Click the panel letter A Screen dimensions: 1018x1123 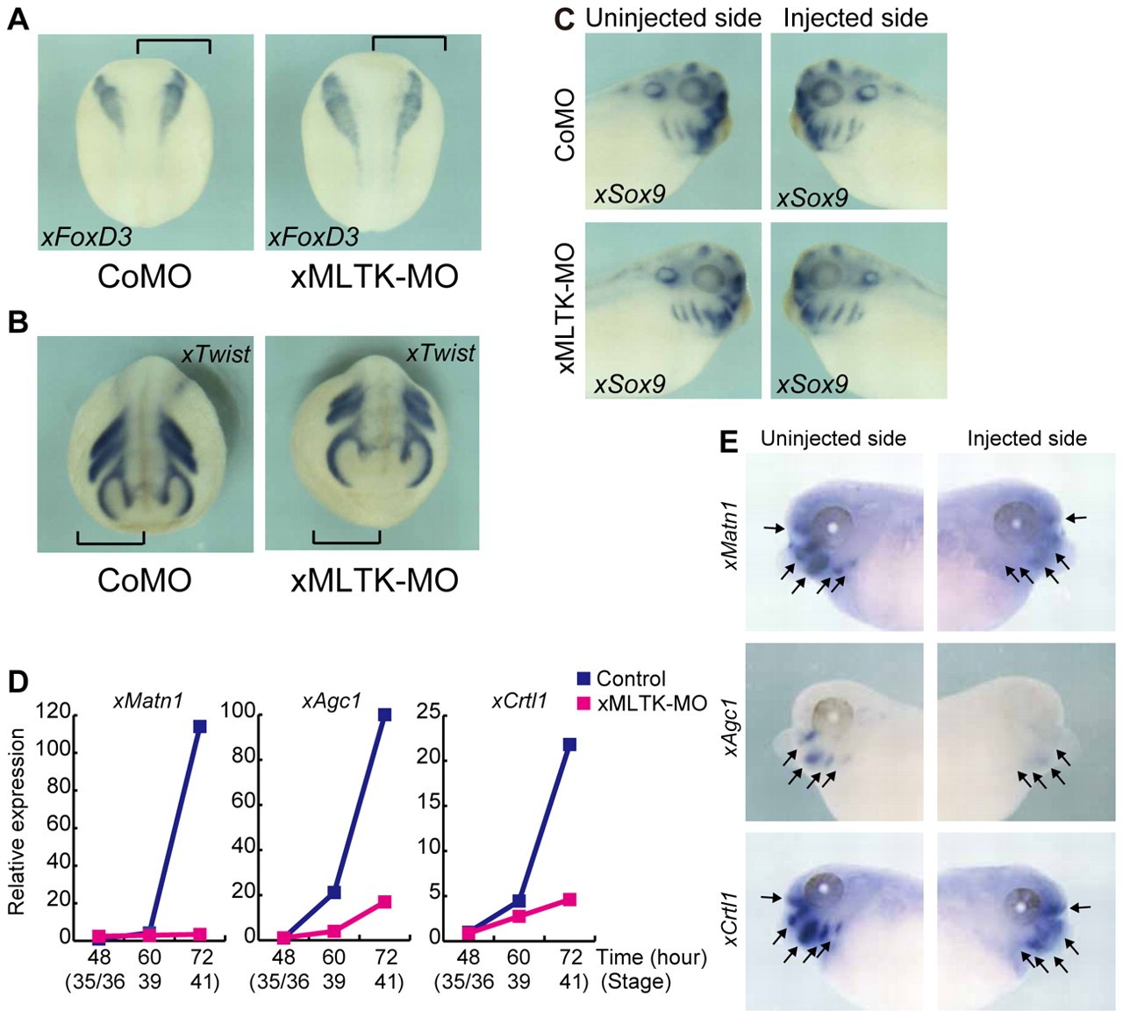18,19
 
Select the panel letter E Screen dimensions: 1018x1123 728,441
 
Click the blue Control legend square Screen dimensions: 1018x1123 584,678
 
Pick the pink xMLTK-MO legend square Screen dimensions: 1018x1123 584,703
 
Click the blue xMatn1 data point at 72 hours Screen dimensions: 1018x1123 200,727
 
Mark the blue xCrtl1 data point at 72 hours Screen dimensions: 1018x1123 569,744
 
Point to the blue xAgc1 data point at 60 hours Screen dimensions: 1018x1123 333,893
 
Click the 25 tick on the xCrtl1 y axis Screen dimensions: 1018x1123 427,713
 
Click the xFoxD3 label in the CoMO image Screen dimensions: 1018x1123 85,237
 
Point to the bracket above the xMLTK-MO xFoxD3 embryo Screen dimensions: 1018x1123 409,42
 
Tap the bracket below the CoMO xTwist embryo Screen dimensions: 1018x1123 111,538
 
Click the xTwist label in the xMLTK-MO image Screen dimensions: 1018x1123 440,354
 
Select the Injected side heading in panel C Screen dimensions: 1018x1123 855,18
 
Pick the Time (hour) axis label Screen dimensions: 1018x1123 651,957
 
